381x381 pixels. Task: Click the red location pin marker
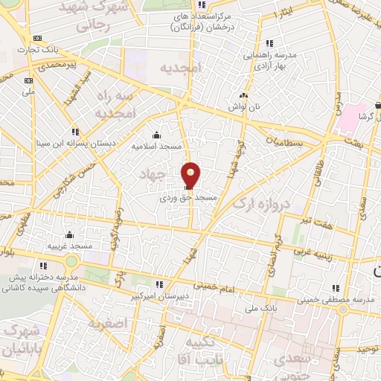click(x=191, y=176)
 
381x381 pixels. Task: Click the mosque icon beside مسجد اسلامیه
click(x=156, y=135)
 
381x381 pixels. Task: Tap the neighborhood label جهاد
click(x=150, y=173)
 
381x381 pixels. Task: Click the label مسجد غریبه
click(x=70, y=245)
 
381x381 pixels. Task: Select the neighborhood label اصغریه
click(x=109, y=323)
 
